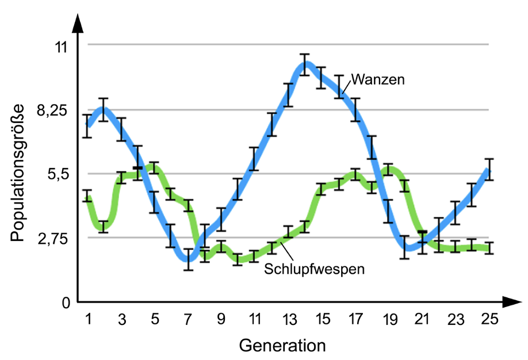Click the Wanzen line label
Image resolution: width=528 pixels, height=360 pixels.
click(x=378, y=79)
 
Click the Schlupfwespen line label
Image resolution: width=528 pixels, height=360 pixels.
click(x=314, y=268)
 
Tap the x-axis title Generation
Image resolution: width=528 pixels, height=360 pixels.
click(x=282, y=346)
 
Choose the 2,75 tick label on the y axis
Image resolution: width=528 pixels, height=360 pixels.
click(x=52, y=238)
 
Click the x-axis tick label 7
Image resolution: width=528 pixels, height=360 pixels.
click(x=188, y=318)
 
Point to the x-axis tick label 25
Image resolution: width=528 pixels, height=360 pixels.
click(x=489, y=318)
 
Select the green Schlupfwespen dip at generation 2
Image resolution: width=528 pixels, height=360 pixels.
click(x=103, y=227)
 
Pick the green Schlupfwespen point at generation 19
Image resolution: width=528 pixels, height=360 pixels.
click(x=389, y=170)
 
